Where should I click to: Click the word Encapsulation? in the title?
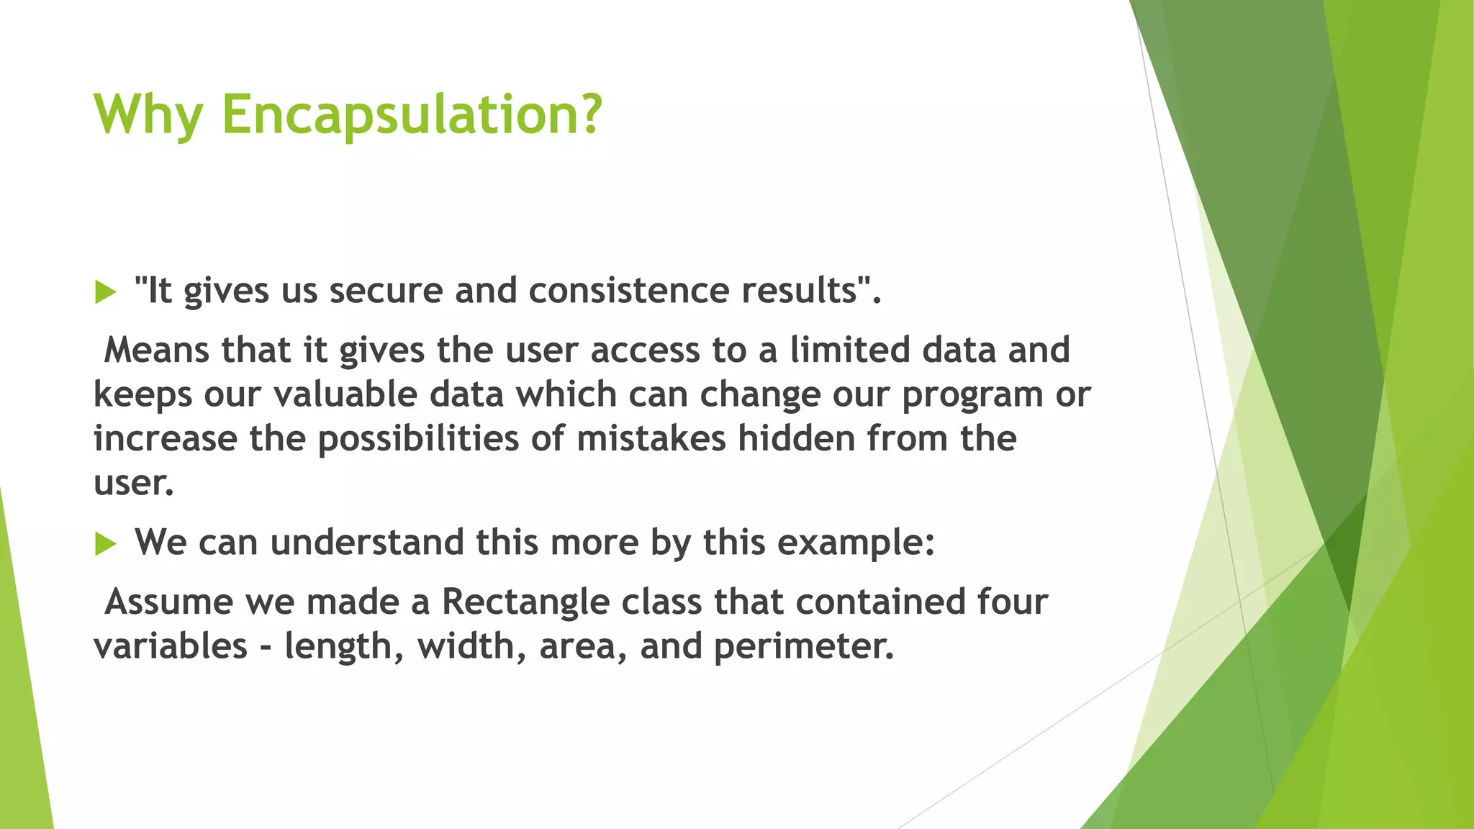411,115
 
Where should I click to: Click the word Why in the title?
148,115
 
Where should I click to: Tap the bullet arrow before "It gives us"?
105,292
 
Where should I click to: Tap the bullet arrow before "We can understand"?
105,544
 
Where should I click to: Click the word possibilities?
418,440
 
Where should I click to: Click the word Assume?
168,602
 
